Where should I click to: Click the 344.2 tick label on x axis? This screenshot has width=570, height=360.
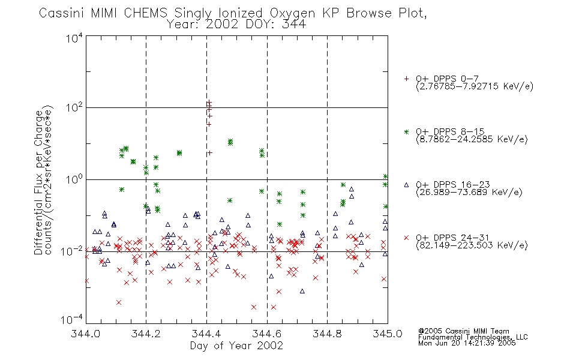click(x=146, y=334)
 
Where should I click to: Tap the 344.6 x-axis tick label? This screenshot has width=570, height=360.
click(x=267, y=334)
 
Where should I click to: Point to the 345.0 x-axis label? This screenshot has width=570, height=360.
click(x=388, y=334)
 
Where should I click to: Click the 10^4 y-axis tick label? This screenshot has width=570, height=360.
click(x=74, y=38)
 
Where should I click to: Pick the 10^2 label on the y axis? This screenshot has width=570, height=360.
click(x=74, y=108)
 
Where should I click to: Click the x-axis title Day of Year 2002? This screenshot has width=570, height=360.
click(x=236, y=346)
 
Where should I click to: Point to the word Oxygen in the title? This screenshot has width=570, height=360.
click(x=292, y=13)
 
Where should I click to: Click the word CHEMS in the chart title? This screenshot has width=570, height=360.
click(x=145, y=13)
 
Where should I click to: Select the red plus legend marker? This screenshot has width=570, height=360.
click(x=406, y=79)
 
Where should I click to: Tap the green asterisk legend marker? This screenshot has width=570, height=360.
click(x=406, y=131)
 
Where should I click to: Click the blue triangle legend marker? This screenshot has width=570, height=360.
click(x=406, y=185)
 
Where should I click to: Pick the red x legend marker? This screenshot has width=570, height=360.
click(x=406, y=238)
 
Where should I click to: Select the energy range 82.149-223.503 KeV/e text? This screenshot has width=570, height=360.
click(x=472, y=245)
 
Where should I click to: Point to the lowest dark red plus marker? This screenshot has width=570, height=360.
click(x=210, y=153)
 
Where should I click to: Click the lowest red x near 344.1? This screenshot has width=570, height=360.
click(x=119, y=302)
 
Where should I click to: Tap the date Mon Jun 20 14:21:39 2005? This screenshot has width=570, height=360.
click(x=467, y=343)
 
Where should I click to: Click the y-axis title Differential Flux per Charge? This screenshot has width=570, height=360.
click(x=38, y=182)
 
